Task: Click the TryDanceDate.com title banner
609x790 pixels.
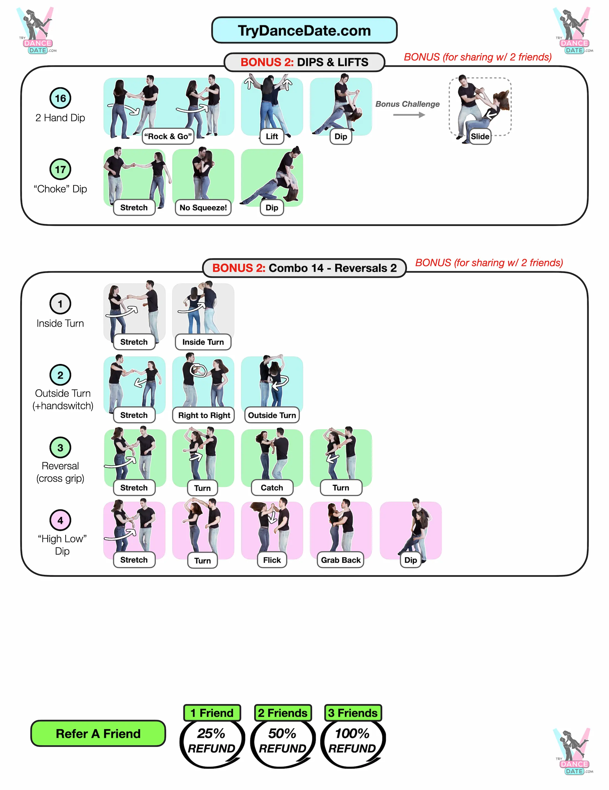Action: click(x=304, y=30)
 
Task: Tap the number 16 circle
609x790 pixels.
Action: click(x=60, y=98)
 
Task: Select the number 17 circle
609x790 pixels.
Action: click(x=60, y=169)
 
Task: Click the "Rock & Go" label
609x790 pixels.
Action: click(x=168, y=136)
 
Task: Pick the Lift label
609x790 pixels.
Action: click(x=272, y=136)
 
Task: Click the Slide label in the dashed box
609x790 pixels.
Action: click(x=480, y=136)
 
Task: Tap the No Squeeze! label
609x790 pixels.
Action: click(x=203, y=208)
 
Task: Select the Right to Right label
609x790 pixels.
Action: click(x=204, y=415)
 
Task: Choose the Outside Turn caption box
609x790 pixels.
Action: click(x=272, y=415)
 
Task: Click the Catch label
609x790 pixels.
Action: click(x=272, y=488)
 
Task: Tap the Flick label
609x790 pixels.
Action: click(x=272, y=560)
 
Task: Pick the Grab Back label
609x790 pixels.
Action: click(x=340, y=560)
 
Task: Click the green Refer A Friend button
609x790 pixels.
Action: click(x=98, y=733)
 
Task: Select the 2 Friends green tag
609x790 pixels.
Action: click(x=283, y=713)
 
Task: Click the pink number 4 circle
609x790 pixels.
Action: click(x=60, y=520)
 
